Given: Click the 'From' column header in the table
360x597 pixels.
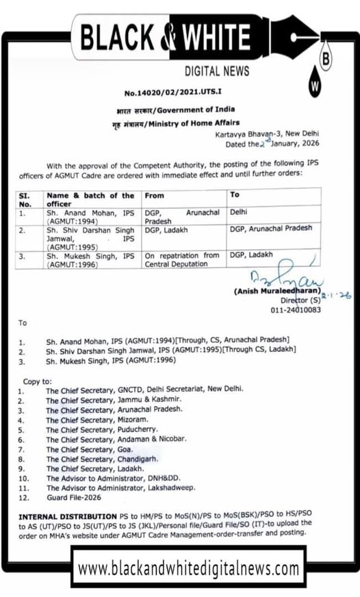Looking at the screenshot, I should (x=155, y=195).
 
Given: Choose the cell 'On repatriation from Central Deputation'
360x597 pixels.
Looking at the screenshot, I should (x=182, y=259).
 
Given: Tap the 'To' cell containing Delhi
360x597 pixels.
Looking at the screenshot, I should (x=240, y=213).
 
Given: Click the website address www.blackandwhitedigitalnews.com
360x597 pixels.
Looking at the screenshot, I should (x=188, y=568).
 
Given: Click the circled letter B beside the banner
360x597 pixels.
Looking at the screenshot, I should (x=326, y=60).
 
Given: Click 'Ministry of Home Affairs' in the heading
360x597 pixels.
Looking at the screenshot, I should (x=189, y=123).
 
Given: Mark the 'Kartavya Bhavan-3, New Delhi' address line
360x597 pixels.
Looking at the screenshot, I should (x=266, y=134).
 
